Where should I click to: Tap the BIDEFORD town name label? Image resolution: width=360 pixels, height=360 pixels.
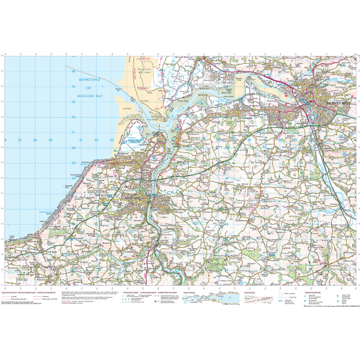[136, 195]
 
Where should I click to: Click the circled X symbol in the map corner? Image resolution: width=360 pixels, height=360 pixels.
[354, 59]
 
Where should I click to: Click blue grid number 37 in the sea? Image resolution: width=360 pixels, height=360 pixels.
[20, 141]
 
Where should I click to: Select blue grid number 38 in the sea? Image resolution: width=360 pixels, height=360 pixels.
[35, 141]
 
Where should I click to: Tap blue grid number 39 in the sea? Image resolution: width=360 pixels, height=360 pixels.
[51, 141]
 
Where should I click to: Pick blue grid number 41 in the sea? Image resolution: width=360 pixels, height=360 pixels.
[81, 141]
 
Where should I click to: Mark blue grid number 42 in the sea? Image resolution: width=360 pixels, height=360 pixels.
[97, 141]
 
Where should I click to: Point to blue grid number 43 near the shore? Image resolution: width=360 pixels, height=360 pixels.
[112, 141]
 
